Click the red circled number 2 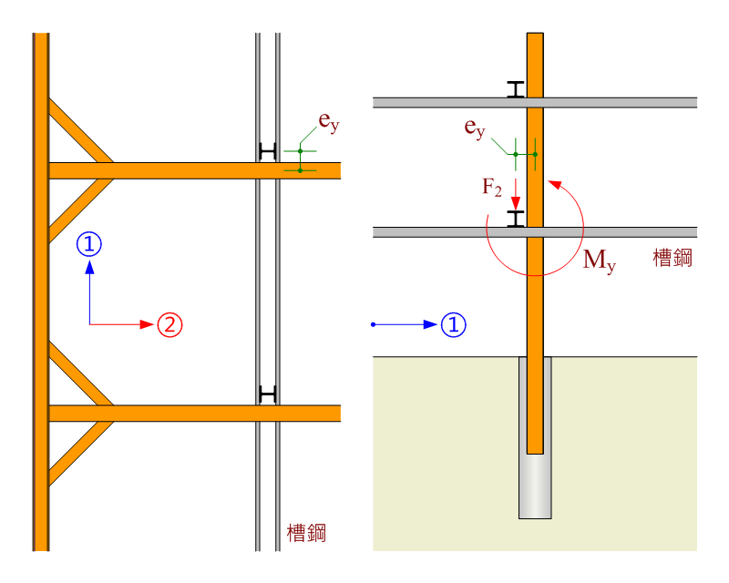(x=170, y=324)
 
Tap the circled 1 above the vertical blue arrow (x=89, y=244)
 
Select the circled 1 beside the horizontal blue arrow (x=453, y=324)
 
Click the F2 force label (x=492, y=189)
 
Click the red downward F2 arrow (x=516, y=192)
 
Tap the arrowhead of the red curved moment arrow (x=551, y=183)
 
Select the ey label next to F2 (x=475, y=128)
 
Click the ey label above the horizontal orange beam (x=328, y=122)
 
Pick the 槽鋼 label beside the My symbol (x=673, y=259)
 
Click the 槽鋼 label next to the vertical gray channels (x=306, y=533)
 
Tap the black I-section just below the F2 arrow (x=516, y=219)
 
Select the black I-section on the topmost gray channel (x=516, y=88)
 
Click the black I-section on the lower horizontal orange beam (x=267, y=394)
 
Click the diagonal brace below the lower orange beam (x=80, y=453)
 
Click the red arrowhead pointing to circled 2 (x=146, y=324)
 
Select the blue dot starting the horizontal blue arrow (x=373, y=324)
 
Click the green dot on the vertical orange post (x=535, y=154)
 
